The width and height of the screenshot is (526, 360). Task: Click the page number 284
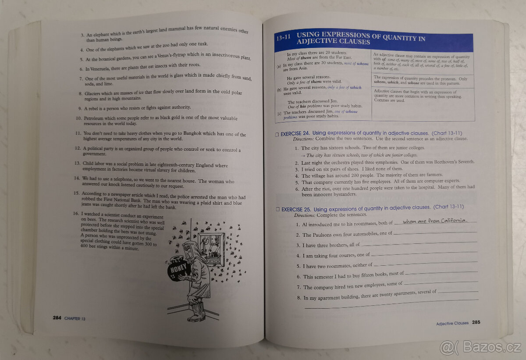tap(57, 318)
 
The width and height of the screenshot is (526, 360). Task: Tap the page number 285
tap(476, 322)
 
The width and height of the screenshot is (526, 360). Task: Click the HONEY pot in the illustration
tap(178, 268)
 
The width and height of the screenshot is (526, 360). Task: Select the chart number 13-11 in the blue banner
tap(284, 39)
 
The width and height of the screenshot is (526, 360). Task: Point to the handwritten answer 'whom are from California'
tap(435, 221)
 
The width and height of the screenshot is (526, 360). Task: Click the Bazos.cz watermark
tap(482, 347)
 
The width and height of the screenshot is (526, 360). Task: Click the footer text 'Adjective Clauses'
tap(452, 323)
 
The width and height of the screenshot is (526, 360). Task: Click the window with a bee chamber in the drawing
tap(211, 248)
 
